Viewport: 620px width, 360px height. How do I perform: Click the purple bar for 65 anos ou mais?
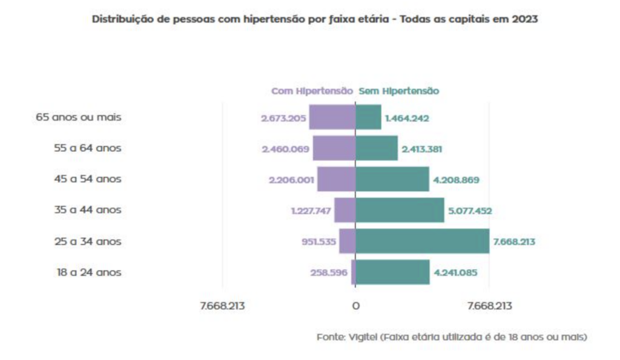332,117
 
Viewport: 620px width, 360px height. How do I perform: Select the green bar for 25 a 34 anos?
422,241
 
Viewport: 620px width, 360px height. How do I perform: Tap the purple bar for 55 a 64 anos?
334,148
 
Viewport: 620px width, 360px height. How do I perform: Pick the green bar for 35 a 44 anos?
400,211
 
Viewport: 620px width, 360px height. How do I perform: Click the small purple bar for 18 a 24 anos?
353,272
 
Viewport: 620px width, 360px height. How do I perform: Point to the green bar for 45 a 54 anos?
392,179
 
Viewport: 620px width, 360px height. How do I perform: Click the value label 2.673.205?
283,118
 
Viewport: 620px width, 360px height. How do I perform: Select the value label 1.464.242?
407,118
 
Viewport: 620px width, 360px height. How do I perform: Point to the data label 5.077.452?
470,211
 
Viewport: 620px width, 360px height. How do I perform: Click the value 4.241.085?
455,273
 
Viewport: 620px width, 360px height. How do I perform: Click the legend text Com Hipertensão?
311,91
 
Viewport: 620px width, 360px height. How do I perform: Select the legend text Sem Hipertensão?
399,91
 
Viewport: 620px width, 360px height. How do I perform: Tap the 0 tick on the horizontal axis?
355,306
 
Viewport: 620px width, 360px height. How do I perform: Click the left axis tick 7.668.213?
222,306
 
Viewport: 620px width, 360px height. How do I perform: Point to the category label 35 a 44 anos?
88,210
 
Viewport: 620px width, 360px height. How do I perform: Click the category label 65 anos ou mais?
79,117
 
